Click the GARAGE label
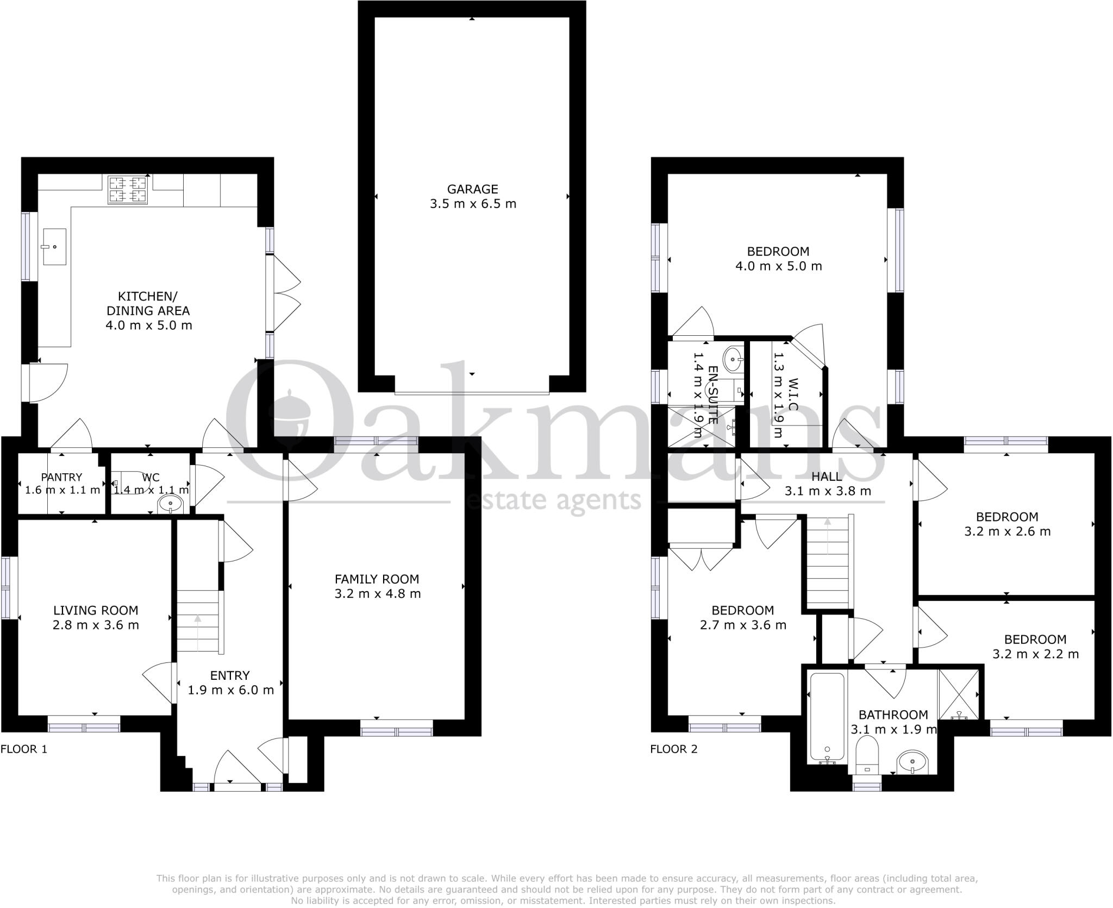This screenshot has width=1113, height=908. coord(472,189)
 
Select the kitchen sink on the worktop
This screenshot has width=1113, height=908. coord(54,247)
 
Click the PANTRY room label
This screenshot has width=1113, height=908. coord(62,477)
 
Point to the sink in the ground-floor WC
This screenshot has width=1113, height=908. coord(171,505)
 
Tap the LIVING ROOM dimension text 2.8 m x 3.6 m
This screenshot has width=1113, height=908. coord(96,625)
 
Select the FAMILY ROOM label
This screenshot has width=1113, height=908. coord(377,579)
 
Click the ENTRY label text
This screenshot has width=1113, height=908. coord(230,675)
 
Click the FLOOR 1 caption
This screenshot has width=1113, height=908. coord(24,749)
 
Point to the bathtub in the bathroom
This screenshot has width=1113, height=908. coord(827,717)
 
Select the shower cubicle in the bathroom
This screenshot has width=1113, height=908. coord(959,695)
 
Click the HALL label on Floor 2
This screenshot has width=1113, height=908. coord(827,477)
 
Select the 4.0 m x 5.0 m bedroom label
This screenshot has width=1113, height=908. coord(778,252)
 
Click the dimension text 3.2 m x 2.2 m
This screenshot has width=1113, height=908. coord(1035,654)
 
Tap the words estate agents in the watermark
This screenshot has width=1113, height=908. coord(554,499)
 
